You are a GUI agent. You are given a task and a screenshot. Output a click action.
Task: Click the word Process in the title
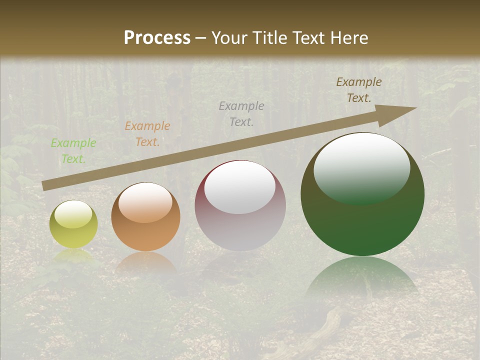click(157, 37)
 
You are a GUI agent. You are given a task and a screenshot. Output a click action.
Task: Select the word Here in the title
click(348, 37)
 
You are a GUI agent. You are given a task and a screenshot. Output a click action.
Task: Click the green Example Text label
click(73, 151)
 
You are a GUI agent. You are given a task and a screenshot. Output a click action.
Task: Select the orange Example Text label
click(147, 134)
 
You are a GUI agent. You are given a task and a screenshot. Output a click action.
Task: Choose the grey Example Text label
click(241, 113)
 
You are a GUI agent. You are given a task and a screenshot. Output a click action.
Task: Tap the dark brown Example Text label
click(358, 90)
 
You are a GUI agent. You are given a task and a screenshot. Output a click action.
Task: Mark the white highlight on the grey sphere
click(239, 187)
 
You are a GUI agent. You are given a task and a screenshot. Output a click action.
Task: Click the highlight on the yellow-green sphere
click(73, 214)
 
